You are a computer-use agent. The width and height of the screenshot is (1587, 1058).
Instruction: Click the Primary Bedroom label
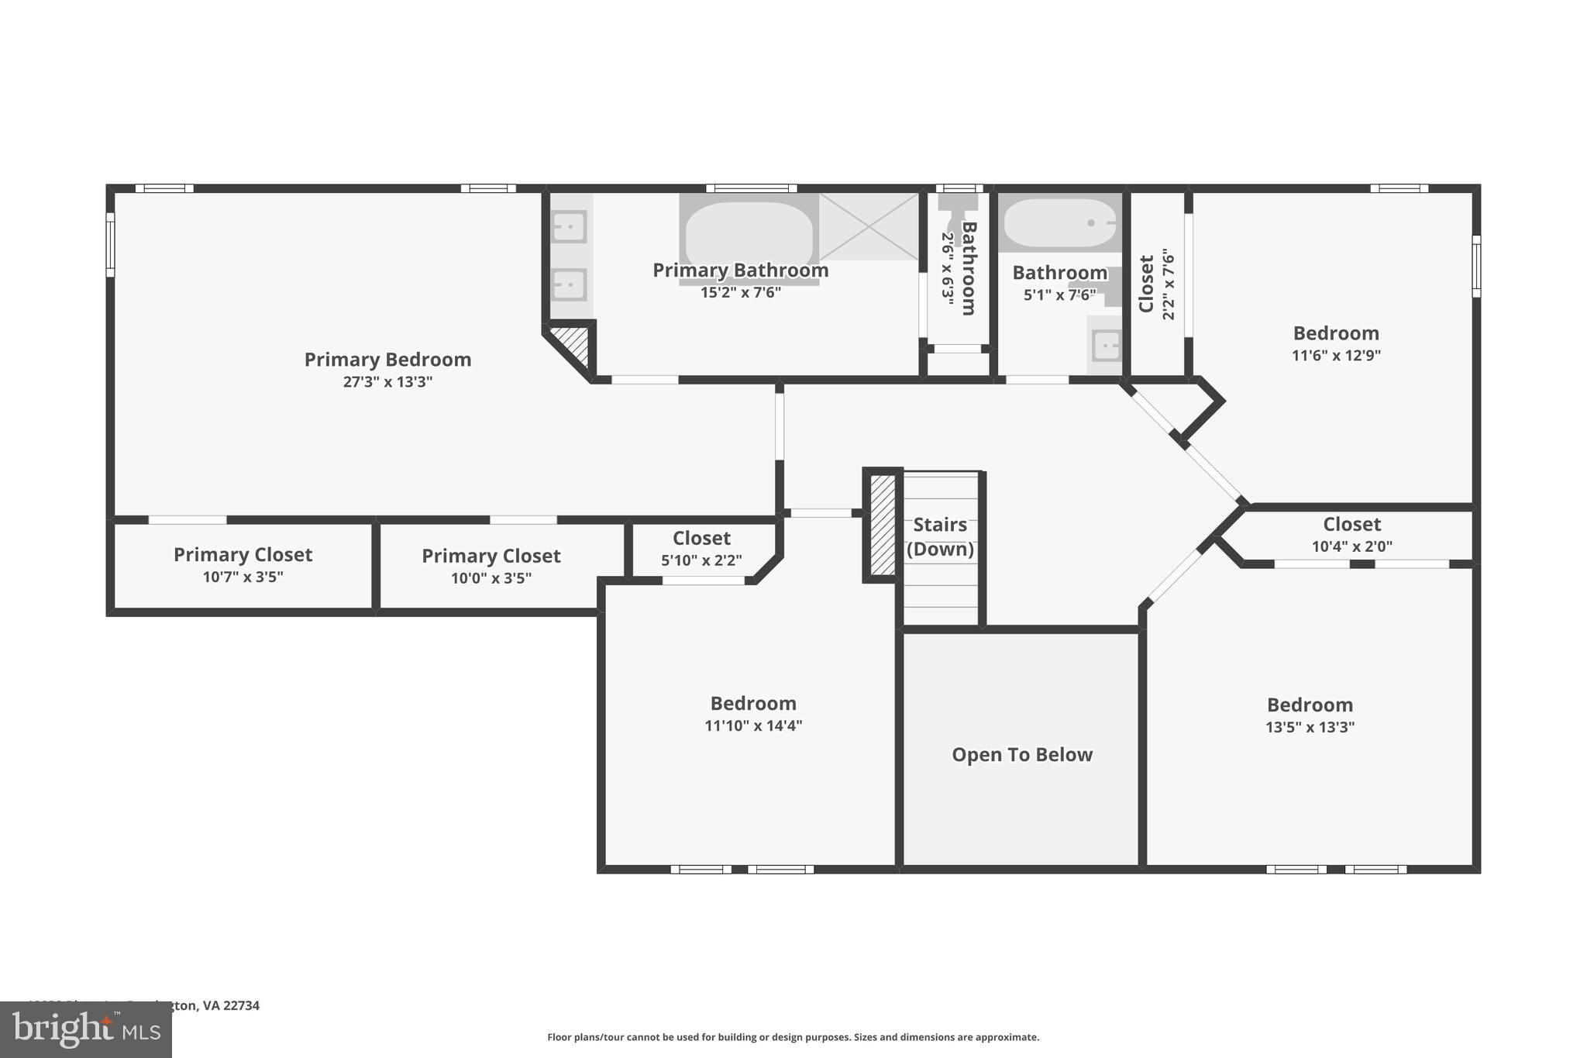387,360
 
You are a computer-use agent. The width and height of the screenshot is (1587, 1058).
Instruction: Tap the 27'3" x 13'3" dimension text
387,382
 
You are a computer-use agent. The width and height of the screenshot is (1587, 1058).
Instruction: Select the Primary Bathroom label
740,271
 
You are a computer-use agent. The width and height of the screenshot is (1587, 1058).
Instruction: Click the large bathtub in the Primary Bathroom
749,233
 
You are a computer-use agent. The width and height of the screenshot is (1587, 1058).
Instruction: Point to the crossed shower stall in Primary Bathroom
868,226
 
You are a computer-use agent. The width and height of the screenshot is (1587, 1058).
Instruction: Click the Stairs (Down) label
940,536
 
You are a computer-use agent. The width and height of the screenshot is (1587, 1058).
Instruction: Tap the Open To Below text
1021,755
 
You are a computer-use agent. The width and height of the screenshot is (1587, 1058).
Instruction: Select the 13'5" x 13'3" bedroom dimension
1310,728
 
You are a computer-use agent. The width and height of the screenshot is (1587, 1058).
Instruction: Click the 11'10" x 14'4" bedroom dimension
752,726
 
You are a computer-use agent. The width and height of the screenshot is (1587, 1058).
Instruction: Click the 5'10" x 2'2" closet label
701,560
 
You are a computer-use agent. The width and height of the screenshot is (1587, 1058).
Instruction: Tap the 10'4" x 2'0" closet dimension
1351,546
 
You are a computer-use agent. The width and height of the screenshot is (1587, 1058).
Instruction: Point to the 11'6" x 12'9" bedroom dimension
1336,356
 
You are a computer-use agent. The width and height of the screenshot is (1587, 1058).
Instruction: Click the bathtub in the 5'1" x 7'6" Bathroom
1059,223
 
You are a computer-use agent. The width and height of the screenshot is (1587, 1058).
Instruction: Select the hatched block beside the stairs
883,525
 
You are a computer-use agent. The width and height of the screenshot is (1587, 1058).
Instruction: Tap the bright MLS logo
85,1030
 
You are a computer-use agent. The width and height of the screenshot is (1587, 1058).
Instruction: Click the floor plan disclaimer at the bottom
793,1037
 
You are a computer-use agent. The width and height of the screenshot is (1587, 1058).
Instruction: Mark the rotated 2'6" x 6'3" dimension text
947,268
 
